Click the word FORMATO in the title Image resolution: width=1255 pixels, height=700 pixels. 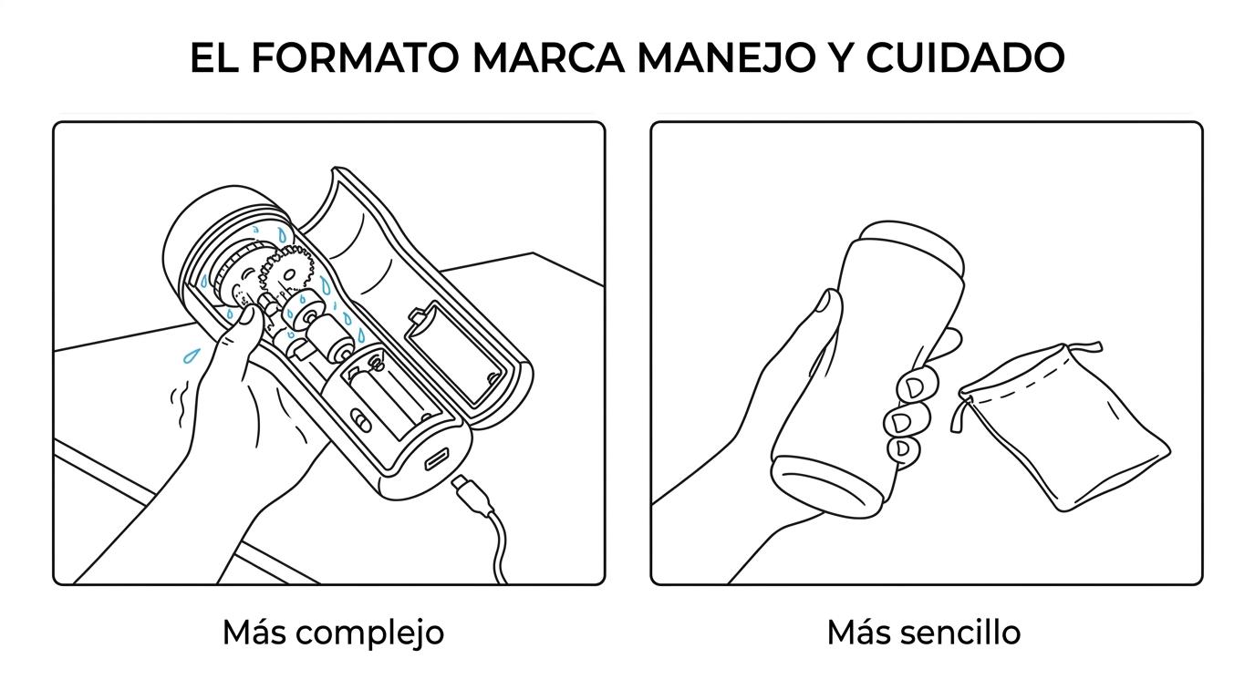click(x=355, y=57)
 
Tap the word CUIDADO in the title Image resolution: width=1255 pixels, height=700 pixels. click(x=965, y=57)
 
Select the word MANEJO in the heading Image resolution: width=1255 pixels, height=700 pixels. click(x=726, y=57)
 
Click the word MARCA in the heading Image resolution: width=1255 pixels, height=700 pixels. click(x=548, y=57)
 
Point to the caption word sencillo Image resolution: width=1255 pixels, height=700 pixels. click(x=960, y=633)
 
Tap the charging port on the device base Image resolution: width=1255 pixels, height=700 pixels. click(x=437, y=458)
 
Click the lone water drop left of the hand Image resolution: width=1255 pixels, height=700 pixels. click(x=191, y=355)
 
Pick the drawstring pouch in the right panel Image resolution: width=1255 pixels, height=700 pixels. click(x=1061, y=426)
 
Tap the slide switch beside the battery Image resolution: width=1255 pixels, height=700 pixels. click(x=360, y=420)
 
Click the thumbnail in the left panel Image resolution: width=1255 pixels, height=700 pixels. click(x=245, y=316)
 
